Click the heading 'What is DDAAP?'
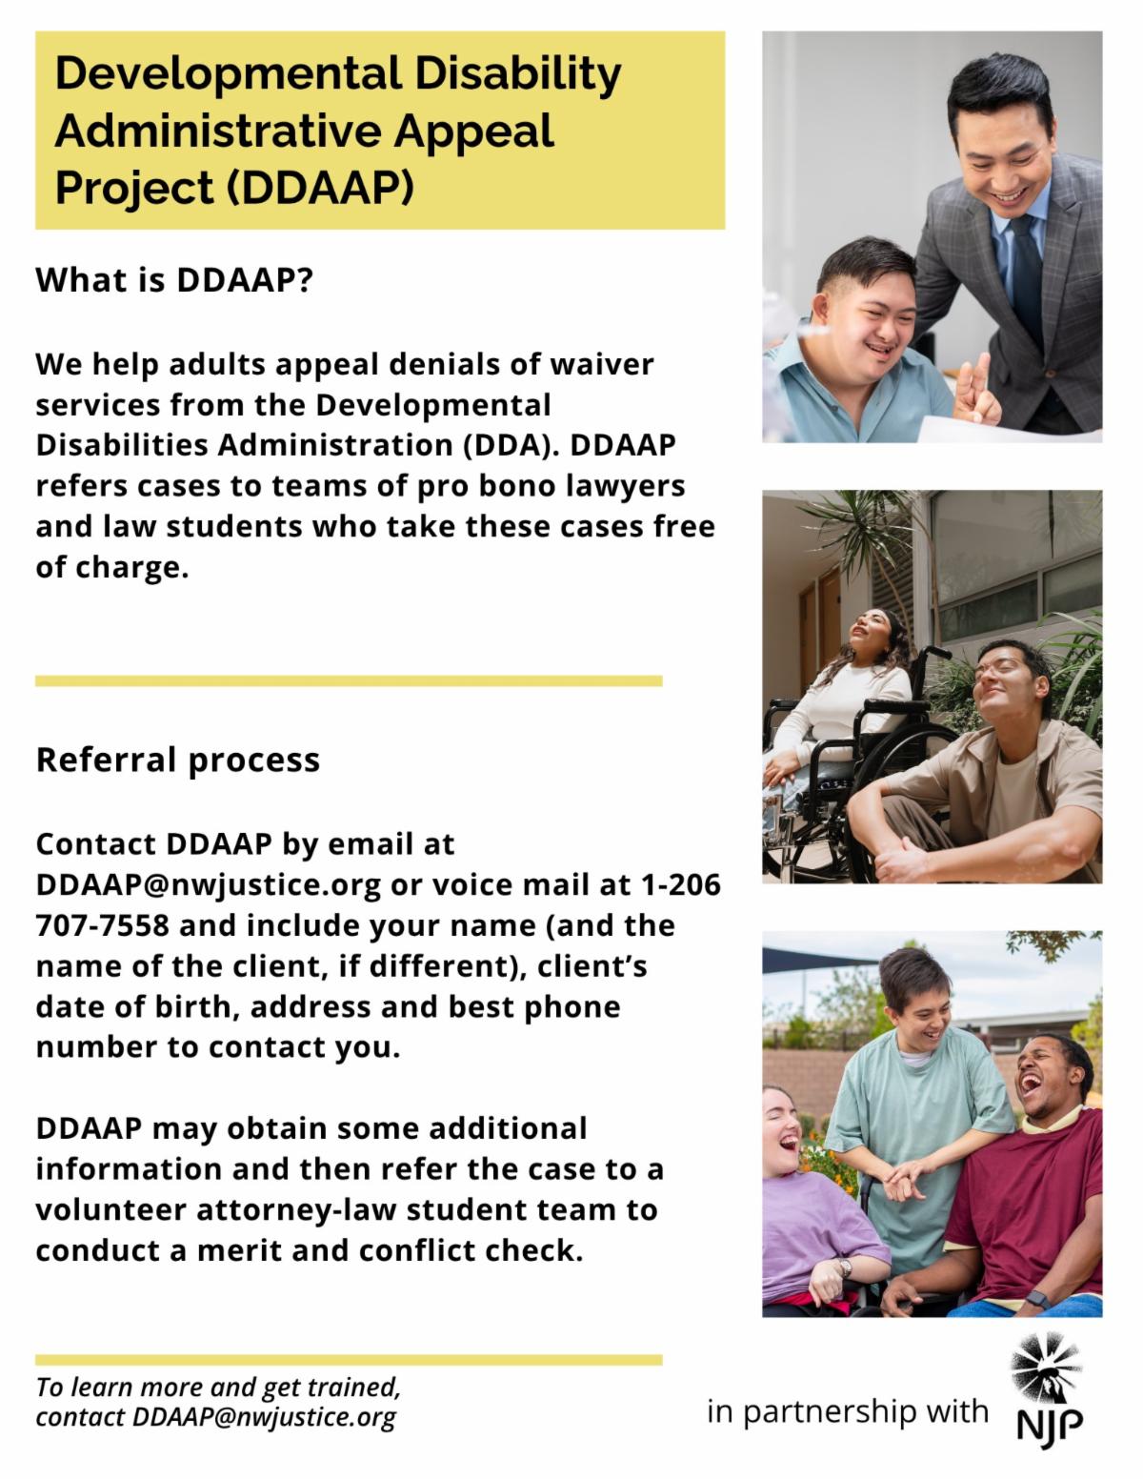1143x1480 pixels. tap(174, 280)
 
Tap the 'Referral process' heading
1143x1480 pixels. tap(178, 760)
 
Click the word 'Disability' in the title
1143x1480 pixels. tap(518, 76)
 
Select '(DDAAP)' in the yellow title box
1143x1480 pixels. tap(319, 188)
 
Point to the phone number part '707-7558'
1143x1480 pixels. tap(102, 925)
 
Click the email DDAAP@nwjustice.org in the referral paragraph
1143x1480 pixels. tap(209, 885)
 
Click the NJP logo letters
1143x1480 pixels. tap(1050, 1427)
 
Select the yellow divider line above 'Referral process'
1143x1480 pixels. tap(349, 681)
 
